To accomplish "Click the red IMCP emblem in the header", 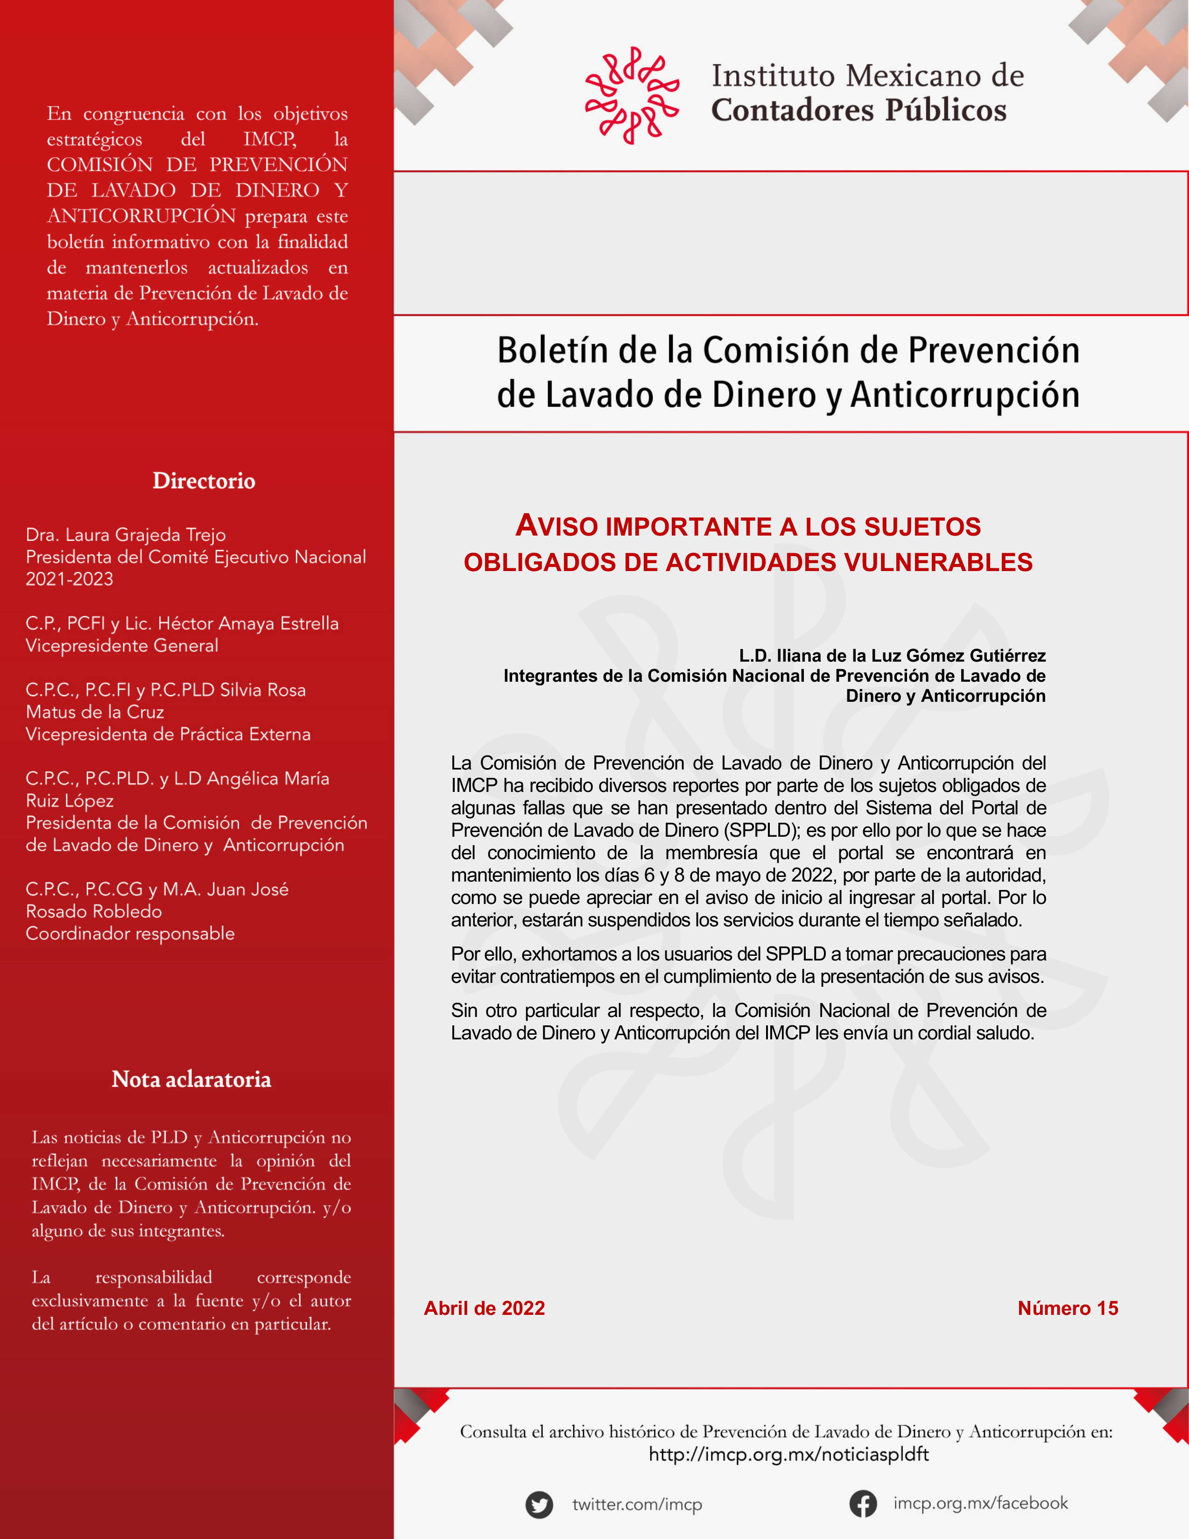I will (x=631, y=95).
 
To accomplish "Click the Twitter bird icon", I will (x=539, y=1504).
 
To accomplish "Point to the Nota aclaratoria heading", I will (x=191, y=1079).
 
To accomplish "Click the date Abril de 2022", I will (x=484, y=1308).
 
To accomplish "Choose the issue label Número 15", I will (x=1067, y=1308).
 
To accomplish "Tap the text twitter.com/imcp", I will (x=637, y=1504).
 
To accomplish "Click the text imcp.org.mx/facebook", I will (x=980, y=1503).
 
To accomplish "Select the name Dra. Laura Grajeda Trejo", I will (x=126, y=535).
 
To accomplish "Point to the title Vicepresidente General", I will (x=122, y=645).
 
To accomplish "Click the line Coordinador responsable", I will (x=130, y=934).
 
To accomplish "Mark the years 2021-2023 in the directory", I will (x=69, y=579).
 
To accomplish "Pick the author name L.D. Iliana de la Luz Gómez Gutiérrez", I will (x=892, y=656).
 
